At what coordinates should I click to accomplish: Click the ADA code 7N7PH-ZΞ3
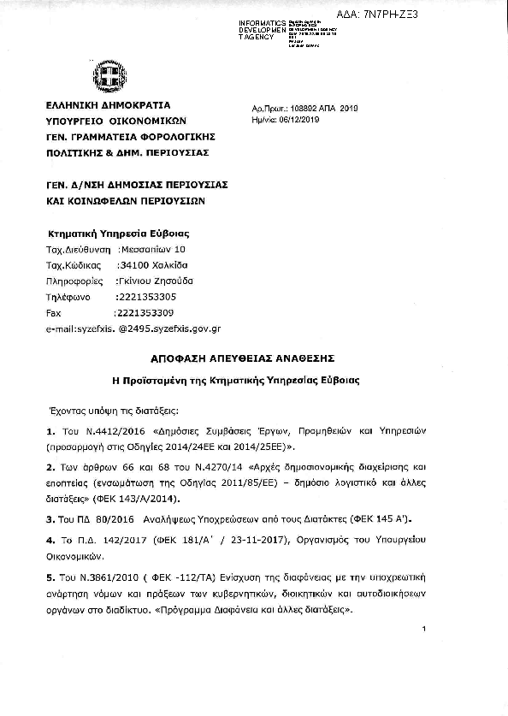pos(458,15)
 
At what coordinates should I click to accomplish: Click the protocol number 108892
pos(305,109)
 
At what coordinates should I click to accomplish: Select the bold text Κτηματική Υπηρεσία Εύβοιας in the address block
pos(116,234)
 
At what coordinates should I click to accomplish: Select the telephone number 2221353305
pos(145,297)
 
